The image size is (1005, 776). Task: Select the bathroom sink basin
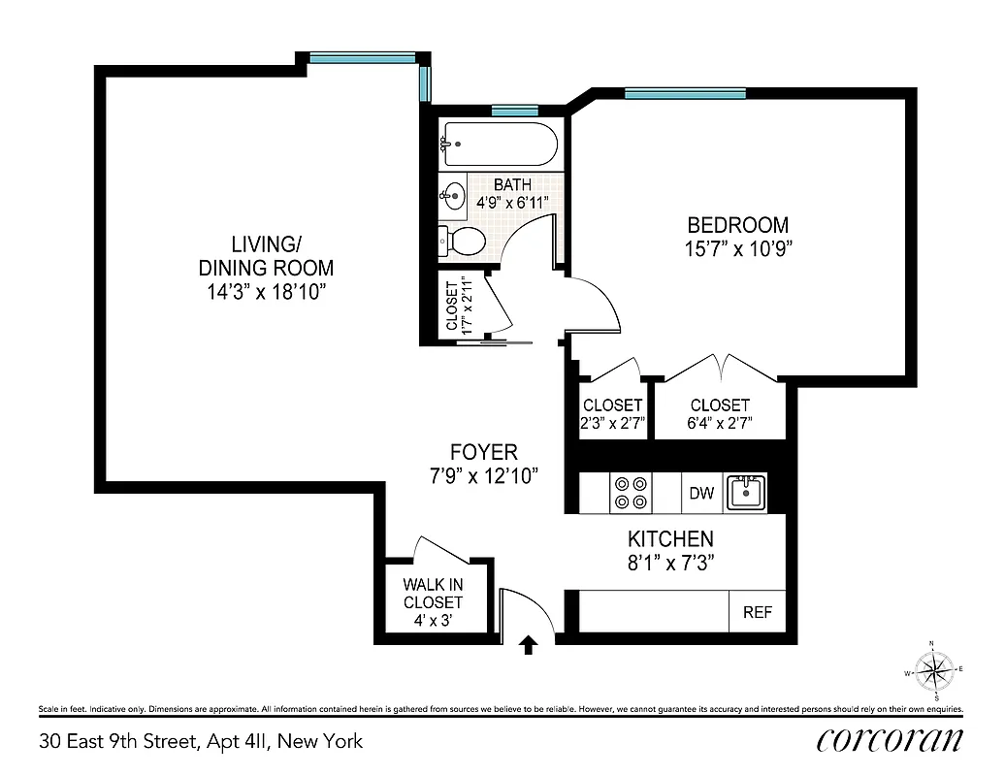[453, 196]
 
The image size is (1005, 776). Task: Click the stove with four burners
[630, 493]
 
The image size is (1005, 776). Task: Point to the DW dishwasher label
[701, 494]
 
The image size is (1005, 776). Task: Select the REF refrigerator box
[757, 612]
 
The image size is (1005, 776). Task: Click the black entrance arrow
[529, 644]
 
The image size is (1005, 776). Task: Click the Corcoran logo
[890, 740]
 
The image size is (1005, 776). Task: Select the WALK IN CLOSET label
[434, 594]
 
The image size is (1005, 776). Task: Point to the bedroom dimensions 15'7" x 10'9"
[732, 248]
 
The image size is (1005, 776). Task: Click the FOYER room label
[483, 452]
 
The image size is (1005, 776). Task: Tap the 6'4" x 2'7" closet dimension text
[720, 423]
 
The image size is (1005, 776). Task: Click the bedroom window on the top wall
[685, 94]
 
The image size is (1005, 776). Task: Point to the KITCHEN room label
[670, 539]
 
